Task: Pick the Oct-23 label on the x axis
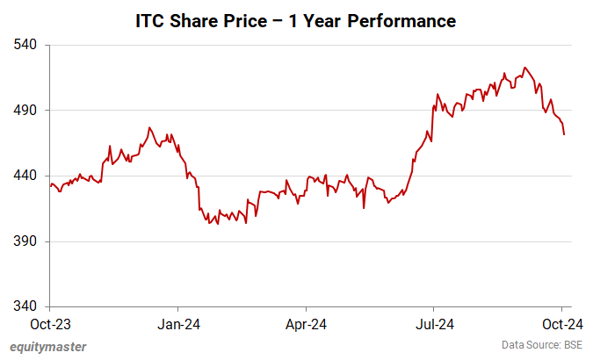point(50,324)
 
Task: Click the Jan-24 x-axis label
point(178,324)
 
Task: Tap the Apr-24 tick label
point(306,324)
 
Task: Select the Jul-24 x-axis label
point(434,324)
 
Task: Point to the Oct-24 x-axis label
point(562,324)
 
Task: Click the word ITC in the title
point(150,20)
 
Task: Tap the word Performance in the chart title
point(403,20)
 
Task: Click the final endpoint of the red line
point(564,134)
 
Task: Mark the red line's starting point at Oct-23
point(50,185)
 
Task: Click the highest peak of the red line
point(524,68)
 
